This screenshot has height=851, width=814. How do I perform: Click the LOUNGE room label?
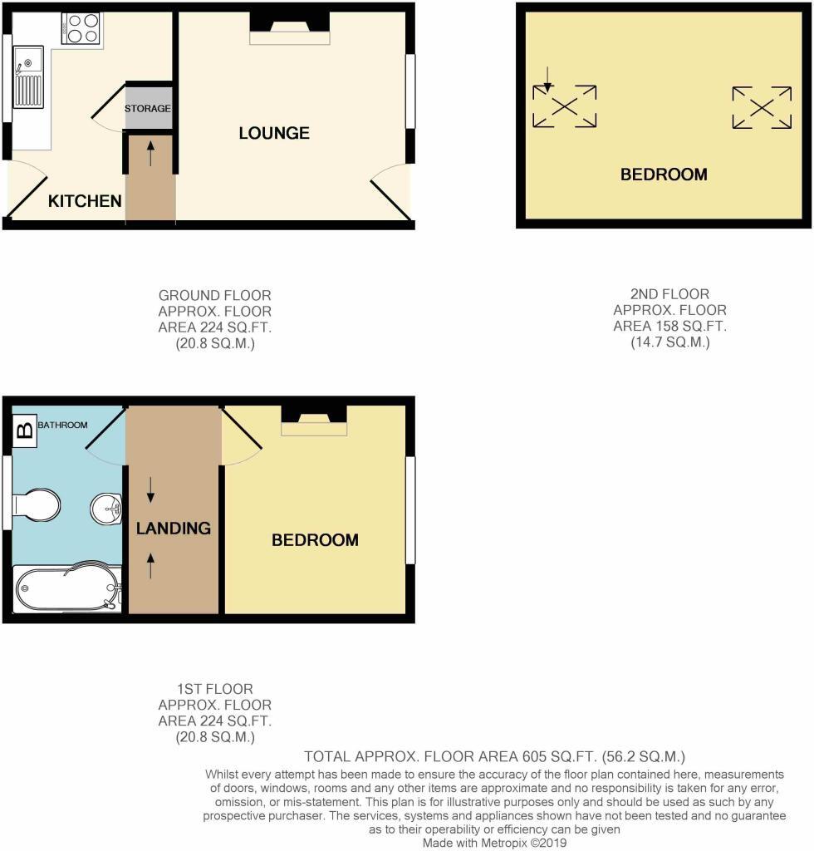(x=274, y=133)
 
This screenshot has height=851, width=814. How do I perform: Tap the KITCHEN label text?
(x=85, y=201)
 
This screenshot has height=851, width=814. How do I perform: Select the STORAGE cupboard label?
(x=148, y=109)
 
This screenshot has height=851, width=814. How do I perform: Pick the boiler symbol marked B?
(x=25, y=430)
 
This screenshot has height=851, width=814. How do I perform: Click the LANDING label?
(x=174, y=528)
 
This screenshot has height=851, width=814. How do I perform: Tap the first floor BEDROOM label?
(x=316, y=540)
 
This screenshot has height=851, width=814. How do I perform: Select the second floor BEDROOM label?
(x=664, y=175)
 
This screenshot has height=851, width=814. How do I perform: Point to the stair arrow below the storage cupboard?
(x=150, y=154)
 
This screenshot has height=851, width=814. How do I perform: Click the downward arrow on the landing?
(x=150, y=489)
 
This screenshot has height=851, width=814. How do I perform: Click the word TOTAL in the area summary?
(x=329, y=757)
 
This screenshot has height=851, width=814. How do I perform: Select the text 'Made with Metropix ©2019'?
(x=494, y=843)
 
